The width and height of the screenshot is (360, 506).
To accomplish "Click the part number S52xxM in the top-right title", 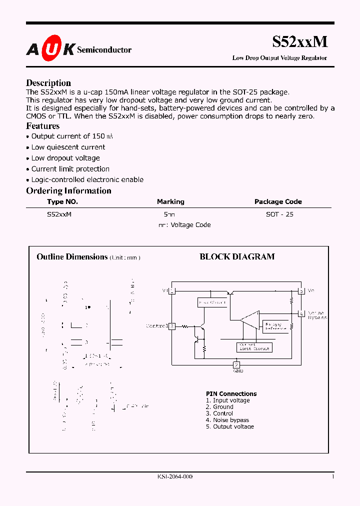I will [x=300, y=41].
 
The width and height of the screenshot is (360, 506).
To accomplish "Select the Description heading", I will [x=48, y=83].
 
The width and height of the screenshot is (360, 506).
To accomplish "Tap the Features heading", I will [x=43, y=126].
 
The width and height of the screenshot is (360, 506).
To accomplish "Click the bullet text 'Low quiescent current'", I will [x=68, y=147].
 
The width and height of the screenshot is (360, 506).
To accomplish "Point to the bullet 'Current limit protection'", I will [x=70, y=169].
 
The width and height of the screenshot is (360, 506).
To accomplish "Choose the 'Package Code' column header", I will [x=278, y=201].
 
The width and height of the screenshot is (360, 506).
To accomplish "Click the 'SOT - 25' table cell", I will [x=280, y=214].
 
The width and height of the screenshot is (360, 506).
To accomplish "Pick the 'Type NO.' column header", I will [x=62, y=201].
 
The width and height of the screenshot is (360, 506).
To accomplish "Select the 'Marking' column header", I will [x=170, y=201].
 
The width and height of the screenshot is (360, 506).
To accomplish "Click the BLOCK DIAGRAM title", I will [x=237, y=257].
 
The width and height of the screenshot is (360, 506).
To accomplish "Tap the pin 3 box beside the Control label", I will [x=171, y=326].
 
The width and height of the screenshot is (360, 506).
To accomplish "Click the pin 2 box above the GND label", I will [x=237, y=364].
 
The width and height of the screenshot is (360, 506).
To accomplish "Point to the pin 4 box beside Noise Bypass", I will [x=301, y=313].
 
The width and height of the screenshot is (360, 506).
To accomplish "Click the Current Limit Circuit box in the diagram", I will [x=254, y=346].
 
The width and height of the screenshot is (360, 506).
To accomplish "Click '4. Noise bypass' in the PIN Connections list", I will [x=227, y=420].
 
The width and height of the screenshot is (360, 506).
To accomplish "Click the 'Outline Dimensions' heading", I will [x=72, y=257].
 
